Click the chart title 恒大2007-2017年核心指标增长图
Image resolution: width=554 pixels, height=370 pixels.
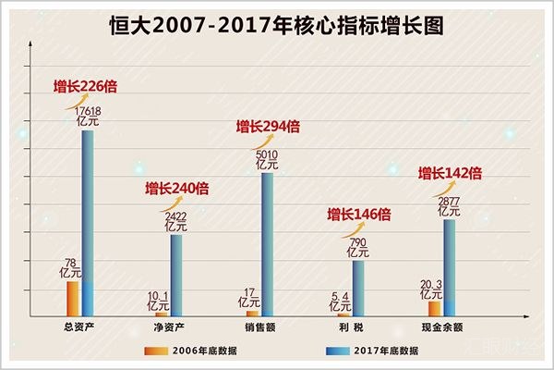point(276,25)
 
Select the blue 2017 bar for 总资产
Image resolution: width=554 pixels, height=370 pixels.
point(88,222)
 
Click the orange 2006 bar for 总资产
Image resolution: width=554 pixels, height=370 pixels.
point(72,298)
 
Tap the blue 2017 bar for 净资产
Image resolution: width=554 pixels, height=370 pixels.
point(176,274)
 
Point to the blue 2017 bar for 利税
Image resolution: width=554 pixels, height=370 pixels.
point(358,287)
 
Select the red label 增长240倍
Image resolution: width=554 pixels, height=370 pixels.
point(176,189)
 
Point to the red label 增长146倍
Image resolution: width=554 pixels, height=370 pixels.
point(359,215)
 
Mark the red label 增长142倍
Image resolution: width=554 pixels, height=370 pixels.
point(451,172)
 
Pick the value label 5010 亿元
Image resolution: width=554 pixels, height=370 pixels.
point(268,160)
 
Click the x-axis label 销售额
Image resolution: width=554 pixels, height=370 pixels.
point(259,327)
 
